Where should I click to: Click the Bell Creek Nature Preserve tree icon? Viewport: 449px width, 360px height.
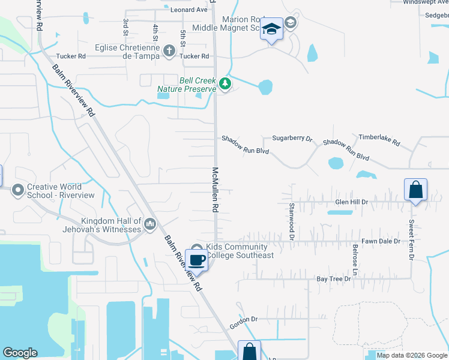pyautogui.click(x=225, y=84)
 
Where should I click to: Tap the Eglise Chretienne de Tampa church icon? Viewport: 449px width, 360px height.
pyautogui.click(x=169, y=51)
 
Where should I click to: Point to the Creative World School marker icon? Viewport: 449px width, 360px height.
pyautogui.click(x=18, y=190)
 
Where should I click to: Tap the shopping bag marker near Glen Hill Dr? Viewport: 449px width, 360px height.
pyautogui.click(x=415, y=191)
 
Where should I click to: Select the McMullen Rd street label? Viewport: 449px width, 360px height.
pyautogui.click(x=214, y=190)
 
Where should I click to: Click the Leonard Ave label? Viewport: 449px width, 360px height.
pyautogui.click(x=188, y=10)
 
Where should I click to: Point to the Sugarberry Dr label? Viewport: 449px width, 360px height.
pyautogui.click(x=293, y=139)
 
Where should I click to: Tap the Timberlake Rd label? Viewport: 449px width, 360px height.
pyautogui.click(x=379, y=140)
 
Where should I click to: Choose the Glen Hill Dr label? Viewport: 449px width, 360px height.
pyautogui.click(x=351, y=202)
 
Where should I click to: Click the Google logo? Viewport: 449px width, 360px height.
pyautogui.click(x=20, y=353)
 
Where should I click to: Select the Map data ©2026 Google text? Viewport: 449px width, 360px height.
pyautogui.click(x=412, y=355)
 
